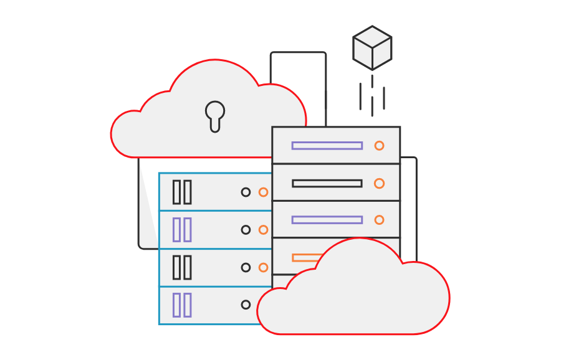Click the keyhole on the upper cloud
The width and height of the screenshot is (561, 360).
pos(215,115)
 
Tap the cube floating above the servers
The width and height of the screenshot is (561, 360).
pos(372,47)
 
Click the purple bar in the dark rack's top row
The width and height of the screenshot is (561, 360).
pos(327,146)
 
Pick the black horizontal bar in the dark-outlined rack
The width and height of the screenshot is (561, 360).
pos(327,183)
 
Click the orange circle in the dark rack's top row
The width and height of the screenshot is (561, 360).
pos(379,146)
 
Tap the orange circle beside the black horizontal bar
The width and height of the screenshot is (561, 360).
pos(379,183)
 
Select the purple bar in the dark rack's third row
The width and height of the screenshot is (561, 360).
pos(327,220)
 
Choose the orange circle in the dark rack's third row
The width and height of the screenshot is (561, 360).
pos(379,220)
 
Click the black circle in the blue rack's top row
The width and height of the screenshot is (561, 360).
pos(246,192)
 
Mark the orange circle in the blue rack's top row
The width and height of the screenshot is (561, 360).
pos(263,192)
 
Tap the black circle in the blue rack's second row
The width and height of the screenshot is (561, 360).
pos(246,230)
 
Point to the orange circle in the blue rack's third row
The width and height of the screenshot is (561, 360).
pos(263,267)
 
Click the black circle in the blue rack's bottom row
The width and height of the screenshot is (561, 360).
pos(246,305)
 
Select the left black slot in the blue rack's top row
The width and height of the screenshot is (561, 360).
pos(176,192)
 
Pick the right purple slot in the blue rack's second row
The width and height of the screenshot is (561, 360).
pos(187,230)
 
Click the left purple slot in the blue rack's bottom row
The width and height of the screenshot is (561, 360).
pos(176,305)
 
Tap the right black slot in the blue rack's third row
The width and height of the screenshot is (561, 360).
pos(187,267)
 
